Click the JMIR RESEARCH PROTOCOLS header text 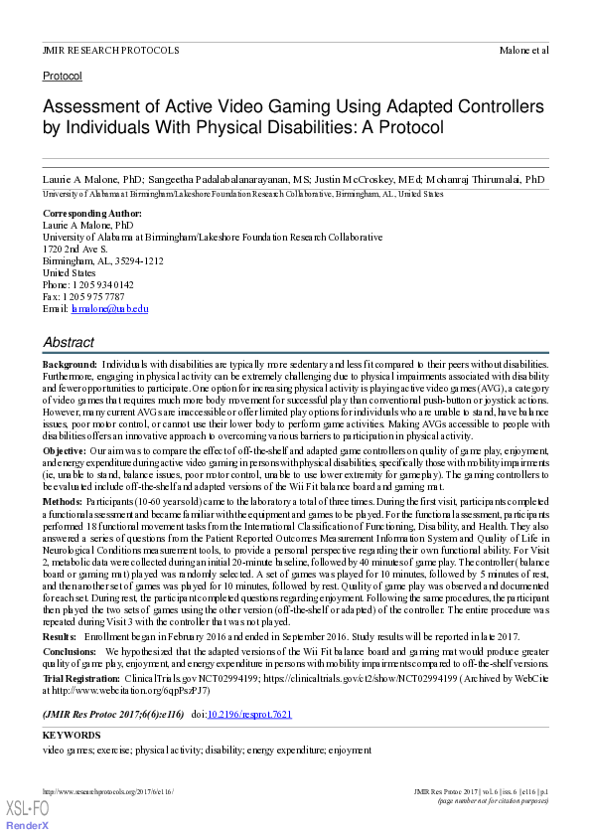[x=111, y=50]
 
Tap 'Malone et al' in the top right [x=523, y=50]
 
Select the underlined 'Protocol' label [x=63, y=76]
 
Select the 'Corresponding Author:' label [x=92, y=214]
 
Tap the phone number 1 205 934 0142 [x=102, y=284]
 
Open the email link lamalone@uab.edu [x=109, y=308]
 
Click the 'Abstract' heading [x=69, y=343]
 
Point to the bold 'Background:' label [x=70, y=366]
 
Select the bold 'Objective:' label [x=65, y=450]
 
